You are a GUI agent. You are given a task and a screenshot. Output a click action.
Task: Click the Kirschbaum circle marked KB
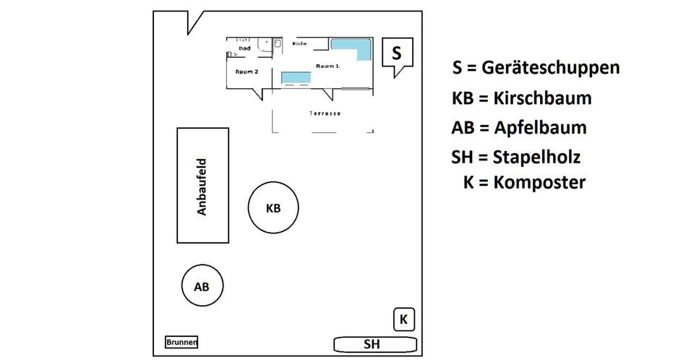pyautogui.click(x=273, y=208)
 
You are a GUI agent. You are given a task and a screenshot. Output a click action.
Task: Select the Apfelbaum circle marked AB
pyautogui.click(x=202, y=286)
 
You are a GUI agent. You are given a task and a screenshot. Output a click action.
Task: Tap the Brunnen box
pyautogui.click(x=181, y=343)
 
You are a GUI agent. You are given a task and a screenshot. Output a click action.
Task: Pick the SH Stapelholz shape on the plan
pyautogui.click(x=374, y=343)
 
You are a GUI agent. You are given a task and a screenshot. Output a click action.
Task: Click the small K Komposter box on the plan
pyautogui.click(x=404, y=319)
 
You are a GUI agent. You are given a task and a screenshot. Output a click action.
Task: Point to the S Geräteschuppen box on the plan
pyautogui.click(x=396, y=53)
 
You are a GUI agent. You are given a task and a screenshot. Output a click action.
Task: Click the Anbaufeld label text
pyautogui.click(x=203, y=187)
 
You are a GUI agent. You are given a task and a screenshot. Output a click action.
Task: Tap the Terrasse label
pyautogui.click(x=325, y=113)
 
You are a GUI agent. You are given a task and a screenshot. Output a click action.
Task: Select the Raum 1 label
pyautogui.click(x=327, y=66)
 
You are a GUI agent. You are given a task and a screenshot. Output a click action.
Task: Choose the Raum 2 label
pyautogui.click(x=247, y=72)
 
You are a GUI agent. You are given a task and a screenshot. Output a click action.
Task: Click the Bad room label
pyautogui.click(x=244, y=48)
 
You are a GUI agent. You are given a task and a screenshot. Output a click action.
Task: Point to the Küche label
pyautogui.click(x=299, y=43)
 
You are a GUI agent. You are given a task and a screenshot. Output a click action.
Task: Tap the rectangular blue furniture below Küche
pyautogui.click(x=295, y=77)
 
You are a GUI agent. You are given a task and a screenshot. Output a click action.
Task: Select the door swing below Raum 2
pyautogui.click(x=257, y=93)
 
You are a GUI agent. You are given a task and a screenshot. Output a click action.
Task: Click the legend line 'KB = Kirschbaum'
pyautogui.click(x=520, y=98)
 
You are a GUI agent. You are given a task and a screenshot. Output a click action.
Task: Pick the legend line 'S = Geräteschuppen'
pyautogui.click(x=535, y=68)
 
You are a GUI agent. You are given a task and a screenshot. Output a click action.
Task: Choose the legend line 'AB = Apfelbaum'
pyautogui.click(x=518, y=128)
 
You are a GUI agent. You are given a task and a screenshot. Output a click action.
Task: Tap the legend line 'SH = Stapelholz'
pyautogui.click(x=515, y=156)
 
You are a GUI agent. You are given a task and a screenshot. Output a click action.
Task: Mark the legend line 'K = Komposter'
pyautogui.click(x=524, y=182)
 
